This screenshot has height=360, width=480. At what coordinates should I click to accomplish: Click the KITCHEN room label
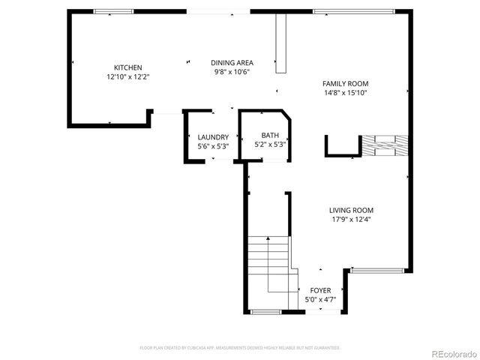pos(127,67)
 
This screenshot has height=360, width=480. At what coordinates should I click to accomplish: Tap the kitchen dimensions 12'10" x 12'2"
pos(127,76)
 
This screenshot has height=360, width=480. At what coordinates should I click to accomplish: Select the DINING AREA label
pos(232,63)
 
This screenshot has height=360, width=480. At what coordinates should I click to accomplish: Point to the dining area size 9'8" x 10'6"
pos(232,72)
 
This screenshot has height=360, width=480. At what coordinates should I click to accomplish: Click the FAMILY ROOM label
pos(345,84)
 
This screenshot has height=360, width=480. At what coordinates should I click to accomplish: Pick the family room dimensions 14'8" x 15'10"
pos(345,93)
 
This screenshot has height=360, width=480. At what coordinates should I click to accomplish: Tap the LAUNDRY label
pos(213,137)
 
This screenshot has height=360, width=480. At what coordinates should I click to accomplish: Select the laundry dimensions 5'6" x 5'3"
pos(213,146)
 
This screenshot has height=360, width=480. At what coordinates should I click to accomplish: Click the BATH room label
pos(270,135)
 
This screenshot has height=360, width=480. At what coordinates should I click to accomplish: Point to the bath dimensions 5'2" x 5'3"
pos(270,144)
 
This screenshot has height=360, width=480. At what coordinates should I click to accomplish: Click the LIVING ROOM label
pos(351,211)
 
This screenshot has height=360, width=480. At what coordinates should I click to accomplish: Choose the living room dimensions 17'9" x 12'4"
pos(351,220)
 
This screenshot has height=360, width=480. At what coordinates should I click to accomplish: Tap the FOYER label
pos(320,290)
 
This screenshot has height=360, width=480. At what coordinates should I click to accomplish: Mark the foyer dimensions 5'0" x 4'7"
pos(320,299)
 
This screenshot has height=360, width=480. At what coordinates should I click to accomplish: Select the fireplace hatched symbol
pos(385,145)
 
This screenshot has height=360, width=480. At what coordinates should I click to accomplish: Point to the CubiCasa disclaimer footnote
pos(240,348)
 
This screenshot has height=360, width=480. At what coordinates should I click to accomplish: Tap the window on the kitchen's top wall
pos(113,11)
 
